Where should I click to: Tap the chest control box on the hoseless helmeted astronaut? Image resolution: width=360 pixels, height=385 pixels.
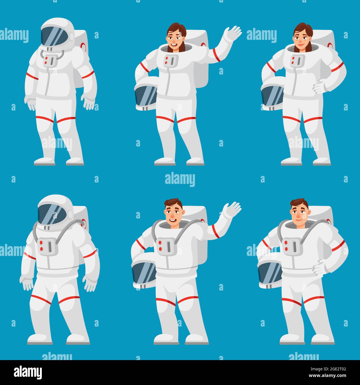[x=50, y=60]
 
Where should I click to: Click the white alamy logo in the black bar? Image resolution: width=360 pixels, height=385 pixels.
[x=28, y=372]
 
